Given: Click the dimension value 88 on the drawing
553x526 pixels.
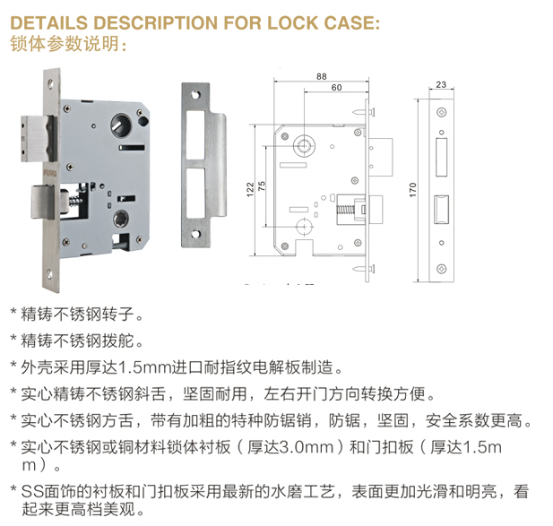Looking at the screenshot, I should tap(321, 76).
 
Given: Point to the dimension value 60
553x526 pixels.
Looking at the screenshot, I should tap(336, 88).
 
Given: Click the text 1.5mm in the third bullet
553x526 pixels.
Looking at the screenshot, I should tap(145, 367).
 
